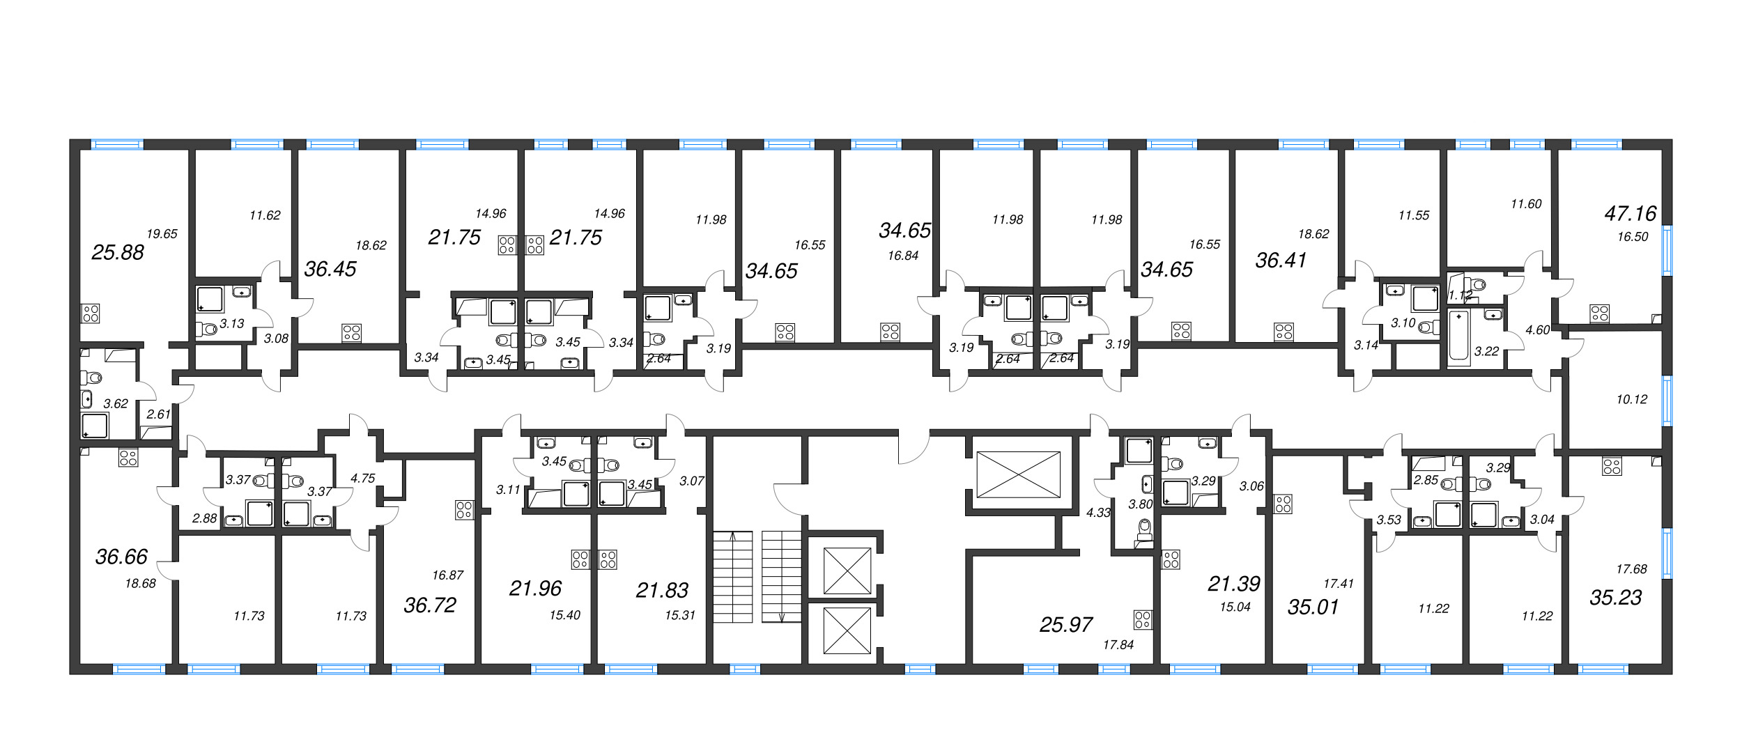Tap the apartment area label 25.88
click(x=118, y=252)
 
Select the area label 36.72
click(x=430, y=605)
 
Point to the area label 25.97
click(x=1065, y=624)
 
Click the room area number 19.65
click(x=162, y=234)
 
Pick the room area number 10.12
click(x=1631, y=399)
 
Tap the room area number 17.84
click(x=1118, y=645)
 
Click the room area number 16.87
click(x=447, y=575)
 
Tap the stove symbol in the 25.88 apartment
click(x=91, y=313)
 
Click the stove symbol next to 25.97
click(x=1143, y=619)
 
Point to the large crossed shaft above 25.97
click(x=1018, y=474)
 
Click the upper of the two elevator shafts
click(x=847, y=571)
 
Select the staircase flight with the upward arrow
click(x=732, y=577)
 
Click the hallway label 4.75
click(x=362, y=478)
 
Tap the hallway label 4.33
click(x=1098, y=513)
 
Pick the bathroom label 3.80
click(x=1141, y=504)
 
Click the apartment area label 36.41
click(x=1281, y=261)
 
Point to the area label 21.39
click(x=1234, y=583)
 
